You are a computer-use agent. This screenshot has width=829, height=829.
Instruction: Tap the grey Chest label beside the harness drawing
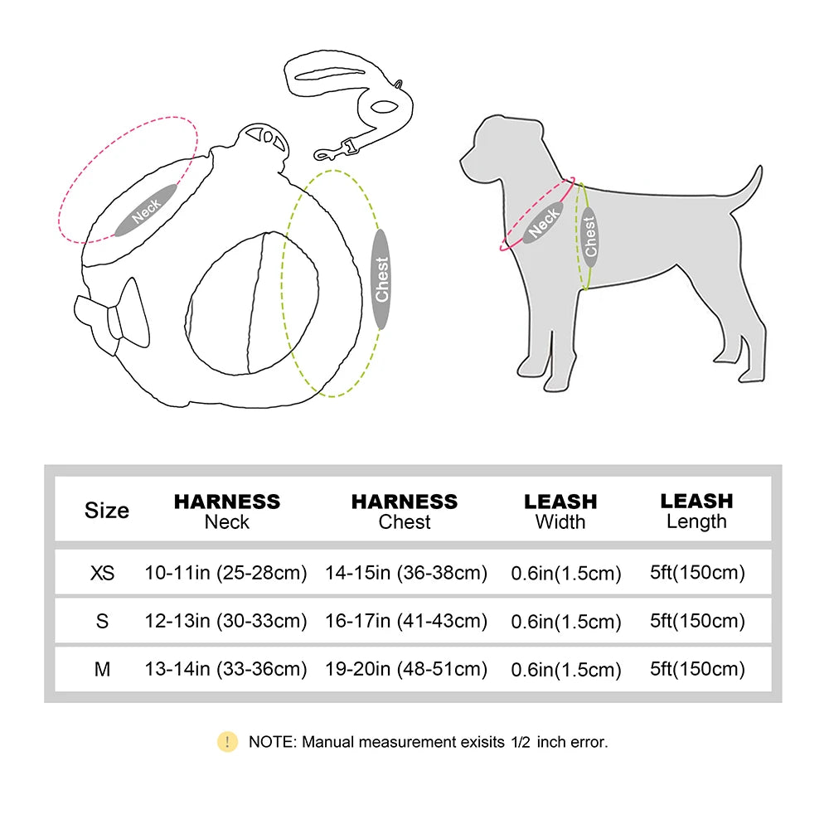[x=381, y=279]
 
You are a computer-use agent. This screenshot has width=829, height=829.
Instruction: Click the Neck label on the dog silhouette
[x=544, y=221]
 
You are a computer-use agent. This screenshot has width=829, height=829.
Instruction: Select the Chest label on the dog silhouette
[x=589, y=236]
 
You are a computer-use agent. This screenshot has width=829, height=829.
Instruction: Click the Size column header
[x=107, y=511]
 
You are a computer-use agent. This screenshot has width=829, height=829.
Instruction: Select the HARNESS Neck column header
[x=226, y=511]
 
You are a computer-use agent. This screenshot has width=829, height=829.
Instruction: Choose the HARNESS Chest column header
[x=405, y=511]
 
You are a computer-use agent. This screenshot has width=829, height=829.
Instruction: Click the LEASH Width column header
[x=560, y=511]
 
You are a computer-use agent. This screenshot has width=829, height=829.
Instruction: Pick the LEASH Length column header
[x=696, y=511]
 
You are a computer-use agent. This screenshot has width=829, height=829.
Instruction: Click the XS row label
[x=103, y=573]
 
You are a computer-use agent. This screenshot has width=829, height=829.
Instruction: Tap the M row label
[x=103, y=669]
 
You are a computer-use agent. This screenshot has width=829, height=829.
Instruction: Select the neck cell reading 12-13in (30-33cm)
[x=225, y=621]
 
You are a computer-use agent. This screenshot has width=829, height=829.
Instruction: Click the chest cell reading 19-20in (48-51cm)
[x=406, y=669]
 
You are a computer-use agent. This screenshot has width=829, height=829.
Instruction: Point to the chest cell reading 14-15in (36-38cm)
[x=406, y=573]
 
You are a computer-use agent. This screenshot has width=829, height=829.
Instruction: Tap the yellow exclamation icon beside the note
[x=227, y=742]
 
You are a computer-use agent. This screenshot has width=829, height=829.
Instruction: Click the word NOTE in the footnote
[x=271, y=742]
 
